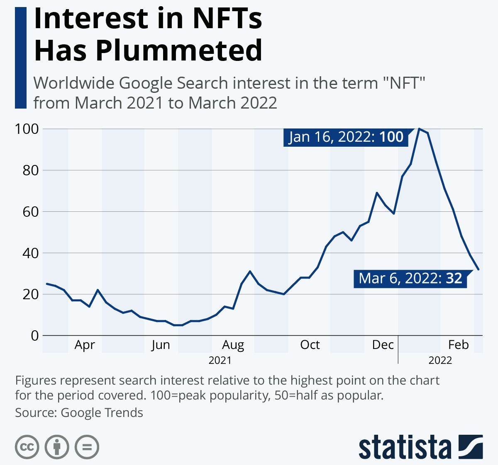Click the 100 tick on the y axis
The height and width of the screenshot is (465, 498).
27,129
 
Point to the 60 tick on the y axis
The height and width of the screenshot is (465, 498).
30,212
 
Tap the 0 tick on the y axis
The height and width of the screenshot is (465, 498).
34,335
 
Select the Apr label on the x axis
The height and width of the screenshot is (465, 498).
85,345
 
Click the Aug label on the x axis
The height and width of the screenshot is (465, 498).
233,345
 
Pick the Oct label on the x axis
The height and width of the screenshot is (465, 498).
310,345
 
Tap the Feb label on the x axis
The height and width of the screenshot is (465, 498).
458,345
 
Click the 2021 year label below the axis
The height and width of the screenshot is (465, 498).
220,360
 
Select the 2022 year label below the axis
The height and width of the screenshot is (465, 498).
440,360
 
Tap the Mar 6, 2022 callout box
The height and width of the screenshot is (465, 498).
410,278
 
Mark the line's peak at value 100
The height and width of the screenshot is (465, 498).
419,129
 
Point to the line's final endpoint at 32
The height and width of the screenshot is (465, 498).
478,269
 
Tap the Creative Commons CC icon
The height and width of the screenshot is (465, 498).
27,447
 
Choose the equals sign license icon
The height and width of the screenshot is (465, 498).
87,447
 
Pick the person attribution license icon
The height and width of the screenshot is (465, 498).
57,447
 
